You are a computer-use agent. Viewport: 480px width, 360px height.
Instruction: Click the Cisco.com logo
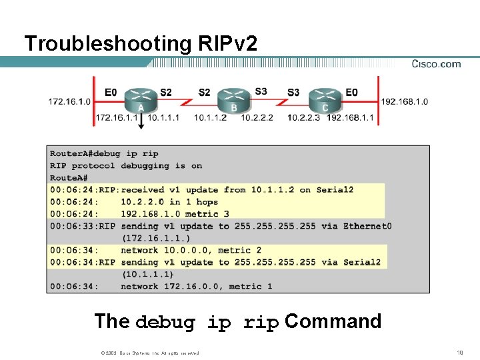pyautogui.click(x=436, y=64)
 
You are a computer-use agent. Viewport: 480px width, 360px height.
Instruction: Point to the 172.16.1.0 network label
pyautogui.click(x=69, y=101)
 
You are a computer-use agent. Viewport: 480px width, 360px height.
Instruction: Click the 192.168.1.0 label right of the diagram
pyautogui.click(x=405, y=101)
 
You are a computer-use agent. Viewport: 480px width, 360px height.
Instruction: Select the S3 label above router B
pyautogui.click(x=261, y=91)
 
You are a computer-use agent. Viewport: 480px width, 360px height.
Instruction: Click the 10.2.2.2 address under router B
pyautogui.click(x=257, y=118)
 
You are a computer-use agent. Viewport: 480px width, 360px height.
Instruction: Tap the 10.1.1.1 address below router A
pyautogui.click(x=163, y=118)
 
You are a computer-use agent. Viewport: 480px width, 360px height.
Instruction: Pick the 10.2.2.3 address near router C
pyautogui.click(x=303, y=118)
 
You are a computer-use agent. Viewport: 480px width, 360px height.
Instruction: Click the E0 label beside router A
pyautogui.click(x=111, y=92)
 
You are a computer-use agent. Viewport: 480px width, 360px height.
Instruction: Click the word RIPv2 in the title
pyautogui.click(x=227, y=43)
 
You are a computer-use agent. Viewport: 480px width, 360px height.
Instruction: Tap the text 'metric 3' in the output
pyautogui.click(x=207, y=214)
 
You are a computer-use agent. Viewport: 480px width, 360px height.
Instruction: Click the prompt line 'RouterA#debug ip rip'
pyautogui.click(x=104, y=154)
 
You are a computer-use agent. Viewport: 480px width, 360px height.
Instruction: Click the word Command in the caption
pyautogui.click(x=333, y=321)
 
